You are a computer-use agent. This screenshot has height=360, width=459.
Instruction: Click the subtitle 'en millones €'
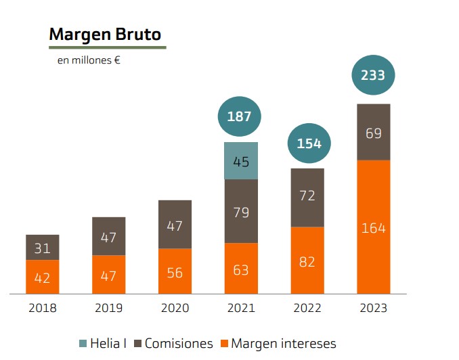(x=89, y=60)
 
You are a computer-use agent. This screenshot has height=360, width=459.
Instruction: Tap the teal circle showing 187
(x=240, y=116)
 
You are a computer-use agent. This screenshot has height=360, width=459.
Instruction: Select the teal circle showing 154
(x=309, y=143)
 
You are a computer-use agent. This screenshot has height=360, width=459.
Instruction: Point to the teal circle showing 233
(x=373, y=75)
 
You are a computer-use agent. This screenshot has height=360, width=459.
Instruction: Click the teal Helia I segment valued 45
(x=241, y=161)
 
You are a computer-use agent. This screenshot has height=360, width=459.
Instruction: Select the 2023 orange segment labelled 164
(x=373, y=227)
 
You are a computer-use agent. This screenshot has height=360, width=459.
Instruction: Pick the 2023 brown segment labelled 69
(x=373, y=133)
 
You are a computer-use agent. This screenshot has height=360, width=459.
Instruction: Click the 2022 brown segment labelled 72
(x=307, y=197)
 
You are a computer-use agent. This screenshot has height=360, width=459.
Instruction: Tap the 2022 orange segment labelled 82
(x=307, y=261)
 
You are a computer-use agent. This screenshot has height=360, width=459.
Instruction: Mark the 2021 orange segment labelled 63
(x=241, y=269)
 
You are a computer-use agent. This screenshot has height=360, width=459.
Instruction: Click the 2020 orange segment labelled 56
(x=175, y=271)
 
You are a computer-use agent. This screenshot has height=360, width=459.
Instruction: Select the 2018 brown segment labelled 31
(x=43, y=248)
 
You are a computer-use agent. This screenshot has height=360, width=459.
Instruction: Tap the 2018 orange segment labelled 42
(x=43, y=277)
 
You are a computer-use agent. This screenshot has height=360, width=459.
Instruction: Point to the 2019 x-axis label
(x=109, y=309)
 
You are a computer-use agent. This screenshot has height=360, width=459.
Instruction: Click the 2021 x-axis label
(x=241, y=309)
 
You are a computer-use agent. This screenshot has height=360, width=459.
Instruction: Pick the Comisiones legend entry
(x=174, y=343)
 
